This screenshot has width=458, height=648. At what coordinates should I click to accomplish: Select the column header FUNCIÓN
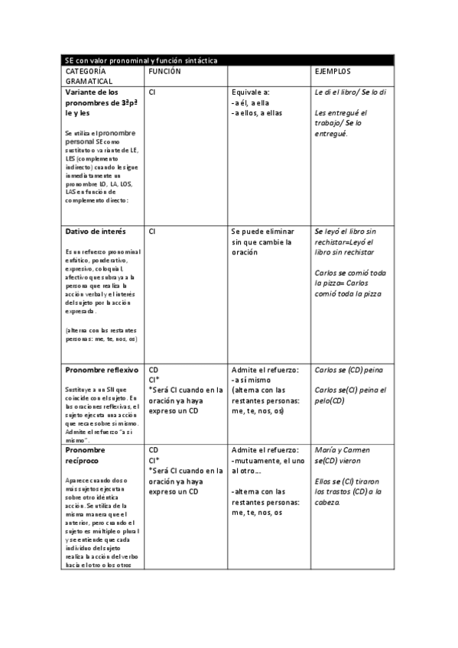pos(164,70)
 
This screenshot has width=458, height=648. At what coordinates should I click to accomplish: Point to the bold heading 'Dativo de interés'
pos(96,231)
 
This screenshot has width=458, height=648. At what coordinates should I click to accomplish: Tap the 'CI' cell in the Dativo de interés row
pos(152,231)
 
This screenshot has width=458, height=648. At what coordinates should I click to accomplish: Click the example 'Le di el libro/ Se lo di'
pos(350,92)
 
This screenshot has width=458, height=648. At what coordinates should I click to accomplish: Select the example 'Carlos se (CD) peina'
pos(349,370)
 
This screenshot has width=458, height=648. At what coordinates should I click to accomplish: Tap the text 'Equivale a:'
pos(249,92)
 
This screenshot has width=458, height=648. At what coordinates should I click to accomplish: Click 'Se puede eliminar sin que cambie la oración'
pos(261,241)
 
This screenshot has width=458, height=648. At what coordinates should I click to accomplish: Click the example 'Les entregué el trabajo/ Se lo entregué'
pos(341,122)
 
